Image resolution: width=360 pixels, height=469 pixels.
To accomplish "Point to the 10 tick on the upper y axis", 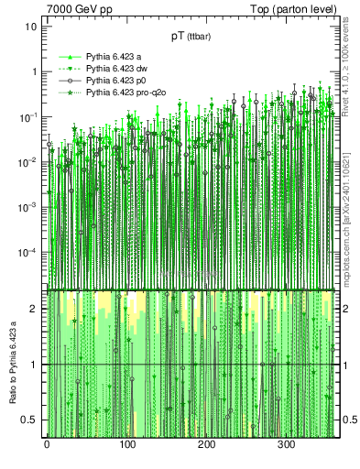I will [30, 27].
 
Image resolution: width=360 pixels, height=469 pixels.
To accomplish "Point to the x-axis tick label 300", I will [286, 444].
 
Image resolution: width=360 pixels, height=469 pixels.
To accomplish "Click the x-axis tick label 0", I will [47, 444].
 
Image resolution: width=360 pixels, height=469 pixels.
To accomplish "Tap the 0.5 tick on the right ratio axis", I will [346, 420].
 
